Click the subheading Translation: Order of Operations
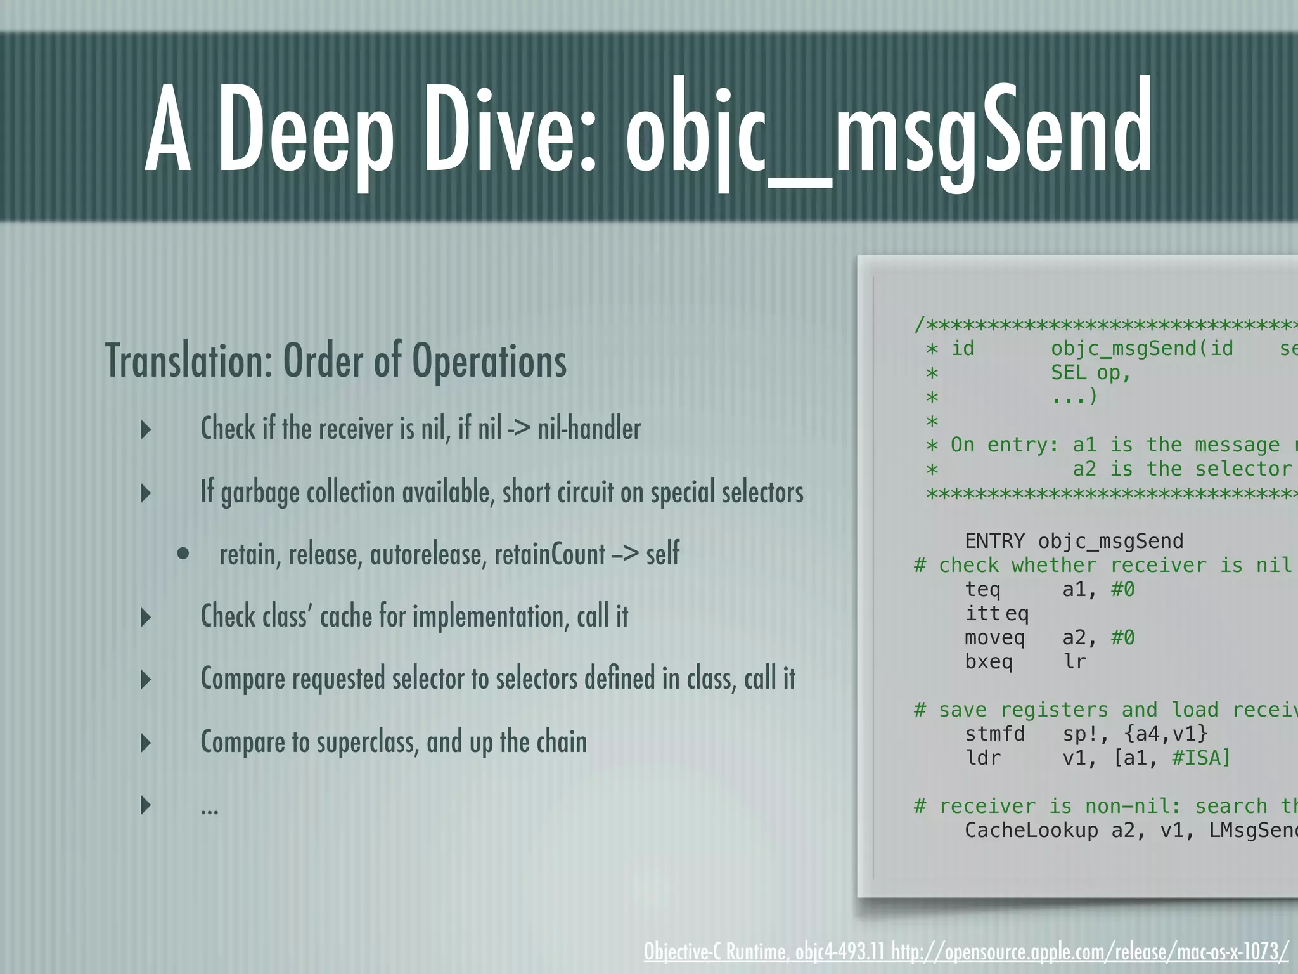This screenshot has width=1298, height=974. click(336, 361)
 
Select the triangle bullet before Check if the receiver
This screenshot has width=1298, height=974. click(146, 429)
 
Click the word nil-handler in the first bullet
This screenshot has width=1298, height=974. click(589, 429)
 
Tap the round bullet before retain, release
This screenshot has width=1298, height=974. click(183, 554)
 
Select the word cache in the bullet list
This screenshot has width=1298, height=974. click(345, 616)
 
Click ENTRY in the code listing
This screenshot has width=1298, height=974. click(994, 542)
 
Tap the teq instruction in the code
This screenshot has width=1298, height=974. click(982, 590)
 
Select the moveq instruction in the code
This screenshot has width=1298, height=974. click(994, 638)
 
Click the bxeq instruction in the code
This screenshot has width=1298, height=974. click(989, 662)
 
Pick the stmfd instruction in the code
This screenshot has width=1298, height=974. click(994, 734)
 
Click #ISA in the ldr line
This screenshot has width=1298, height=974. click(1201, 758)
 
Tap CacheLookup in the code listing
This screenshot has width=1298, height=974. click(1031, 831)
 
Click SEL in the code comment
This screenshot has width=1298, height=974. click(1068, 373)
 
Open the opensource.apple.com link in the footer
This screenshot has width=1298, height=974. click(1090, 952)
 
